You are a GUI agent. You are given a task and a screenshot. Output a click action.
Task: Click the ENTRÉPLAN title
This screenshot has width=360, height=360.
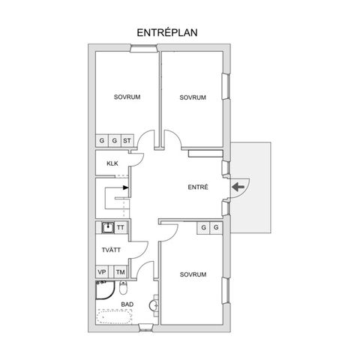point(167,33)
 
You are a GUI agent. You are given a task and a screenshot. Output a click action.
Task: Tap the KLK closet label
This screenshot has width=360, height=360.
point(112,163)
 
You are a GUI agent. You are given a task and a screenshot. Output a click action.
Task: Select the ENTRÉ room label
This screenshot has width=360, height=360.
point(198,187)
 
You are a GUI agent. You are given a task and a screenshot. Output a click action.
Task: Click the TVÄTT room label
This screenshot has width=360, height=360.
point(111,250)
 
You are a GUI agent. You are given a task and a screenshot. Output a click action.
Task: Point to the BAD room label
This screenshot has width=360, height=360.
point(127,304)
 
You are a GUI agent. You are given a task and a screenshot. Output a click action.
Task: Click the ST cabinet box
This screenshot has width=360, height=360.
point(127,141)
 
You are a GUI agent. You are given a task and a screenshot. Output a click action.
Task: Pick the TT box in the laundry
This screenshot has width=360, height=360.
point(121,227)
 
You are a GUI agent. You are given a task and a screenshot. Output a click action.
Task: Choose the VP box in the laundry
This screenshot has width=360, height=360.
point(102,271)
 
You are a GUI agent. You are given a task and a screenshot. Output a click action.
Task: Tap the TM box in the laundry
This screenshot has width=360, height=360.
point(121,271)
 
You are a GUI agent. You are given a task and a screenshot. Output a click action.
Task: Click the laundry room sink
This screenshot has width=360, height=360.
point(108,227)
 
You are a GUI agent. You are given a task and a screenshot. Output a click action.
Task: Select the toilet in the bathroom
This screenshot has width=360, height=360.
point(123,287)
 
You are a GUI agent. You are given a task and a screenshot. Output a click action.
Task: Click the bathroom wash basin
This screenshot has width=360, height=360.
point(153,305)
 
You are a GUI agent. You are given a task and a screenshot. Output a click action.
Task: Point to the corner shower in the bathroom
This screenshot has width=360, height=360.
point(105,290)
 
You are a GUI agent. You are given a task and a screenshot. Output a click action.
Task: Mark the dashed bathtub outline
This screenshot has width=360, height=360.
point(115,316)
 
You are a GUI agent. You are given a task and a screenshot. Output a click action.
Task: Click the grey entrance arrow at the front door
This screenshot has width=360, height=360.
point(238,187)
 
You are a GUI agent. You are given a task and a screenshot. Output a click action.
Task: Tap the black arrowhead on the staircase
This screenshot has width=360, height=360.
point(126,187)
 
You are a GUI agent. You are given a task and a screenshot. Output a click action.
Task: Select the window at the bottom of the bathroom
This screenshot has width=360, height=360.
point(145,328)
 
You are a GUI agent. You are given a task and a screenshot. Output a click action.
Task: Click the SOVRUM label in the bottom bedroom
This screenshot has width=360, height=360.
point(193,274)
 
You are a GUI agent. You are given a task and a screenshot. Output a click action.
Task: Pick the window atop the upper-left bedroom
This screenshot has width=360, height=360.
point(144,48)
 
